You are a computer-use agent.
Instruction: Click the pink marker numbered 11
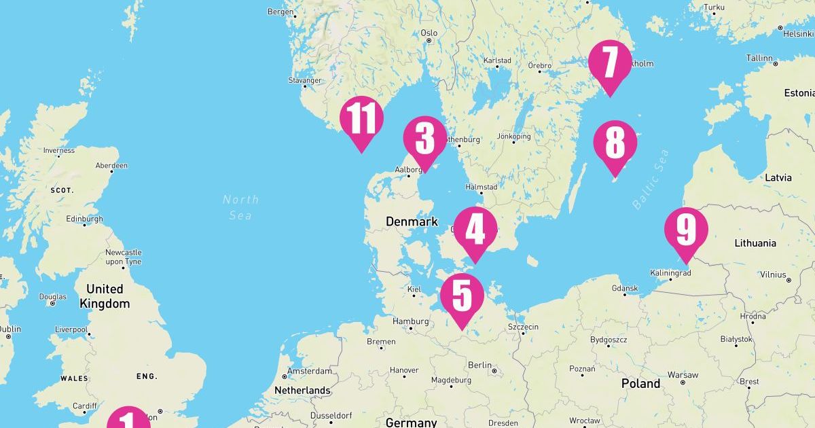[361, 119]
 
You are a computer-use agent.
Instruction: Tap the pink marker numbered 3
[424, 139]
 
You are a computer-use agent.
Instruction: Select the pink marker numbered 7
[610, 63]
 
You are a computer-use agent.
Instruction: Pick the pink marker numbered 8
[615, 144]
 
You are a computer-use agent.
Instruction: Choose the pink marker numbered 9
[686, 230]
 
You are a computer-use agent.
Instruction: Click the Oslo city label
[429, 33]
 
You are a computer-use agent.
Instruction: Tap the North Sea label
[240, 207]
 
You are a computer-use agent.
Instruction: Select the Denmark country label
[412, 221]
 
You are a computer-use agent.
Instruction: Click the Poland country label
[640, 384]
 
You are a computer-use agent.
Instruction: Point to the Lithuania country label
[755, 243]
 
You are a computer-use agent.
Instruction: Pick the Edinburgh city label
[84, 219]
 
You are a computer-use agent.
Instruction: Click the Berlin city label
[479, 365]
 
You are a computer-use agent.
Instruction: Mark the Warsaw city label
[683, 375]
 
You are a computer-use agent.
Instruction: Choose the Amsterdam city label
[309, 372]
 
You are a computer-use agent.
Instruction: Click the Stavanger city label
[304, 80]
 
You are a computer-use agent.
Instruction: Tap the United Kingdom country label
[105, 296]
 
